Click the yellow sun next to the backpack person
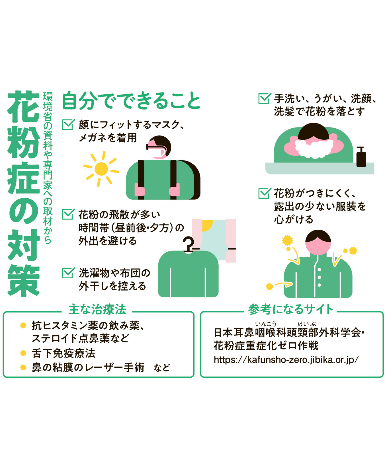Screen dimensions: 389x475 (x=101, y=169)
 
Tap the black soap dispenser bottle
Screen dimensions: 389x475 (x=361, y=157)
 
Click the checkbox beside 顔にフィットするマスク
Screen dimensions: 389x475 (x=68, y=124)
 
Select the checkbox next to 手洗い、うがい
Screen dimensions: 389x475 (x=264, y=98)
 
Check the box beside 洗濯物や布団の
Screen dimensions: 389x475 (x=68, y=273)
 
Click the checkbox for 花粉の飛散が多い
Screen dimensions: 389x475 (x=68, y=214)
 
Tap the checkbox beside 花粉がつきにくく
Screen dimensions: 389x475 (x=264, y=193)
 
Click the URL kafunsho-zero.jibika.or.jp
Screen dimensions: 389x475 (x=286, y=360)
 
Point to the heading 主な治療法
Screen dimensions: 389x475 (x=97, y=309)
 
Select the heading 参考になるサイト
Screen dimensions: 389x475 (x=290, y=309)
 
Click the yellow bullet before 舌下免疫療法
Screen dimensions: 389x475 (x=23, y=353)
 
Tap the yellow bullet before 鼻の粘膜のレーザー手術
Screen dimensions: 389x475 (x=23, y=367)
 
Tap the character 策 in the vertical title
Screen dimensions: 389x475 (x=23, y=281)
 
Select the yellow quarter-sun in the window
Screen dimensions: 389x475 (x=207, y=225)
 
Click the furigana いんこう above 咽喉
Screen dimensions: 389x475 (x=266, y=324)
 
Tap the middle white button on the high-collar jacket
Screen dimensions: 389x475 (x=319, y=277)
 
